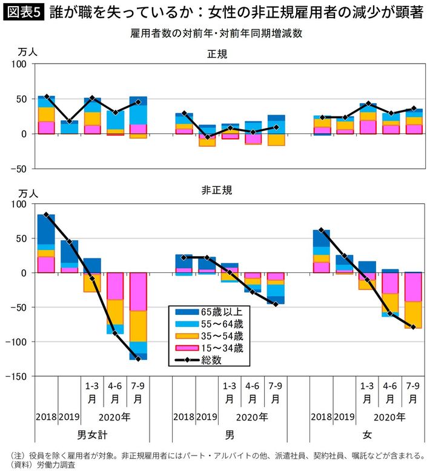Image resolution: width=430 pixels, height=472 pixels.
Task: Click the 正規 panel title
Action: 217,55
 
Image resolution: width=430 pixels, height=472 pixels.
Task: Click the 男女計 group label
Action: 92,435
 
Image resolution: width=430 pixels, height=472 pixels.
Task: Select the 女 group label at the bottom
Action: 367,435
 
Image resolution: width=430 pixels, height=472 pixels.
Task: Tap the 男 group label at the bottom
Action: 229,435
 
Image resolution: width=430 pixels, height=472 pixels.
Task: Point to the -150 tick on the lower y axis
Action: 20,377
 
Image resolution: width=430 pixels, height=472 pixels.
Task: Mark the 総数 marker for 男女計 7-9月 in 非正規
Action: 138,359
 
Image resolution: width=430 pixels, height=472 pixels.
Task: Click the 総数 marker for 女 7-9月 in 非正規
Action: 413,327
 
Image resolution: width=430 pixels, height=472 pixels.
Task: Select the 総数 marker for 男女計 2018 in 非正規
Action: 46,215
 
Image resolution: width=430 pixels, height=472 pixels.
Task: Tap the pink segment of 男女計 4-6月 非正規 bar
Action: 115,286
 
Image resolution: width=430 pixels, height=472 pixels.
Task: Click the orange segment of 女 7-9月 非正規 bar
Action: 413,315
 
